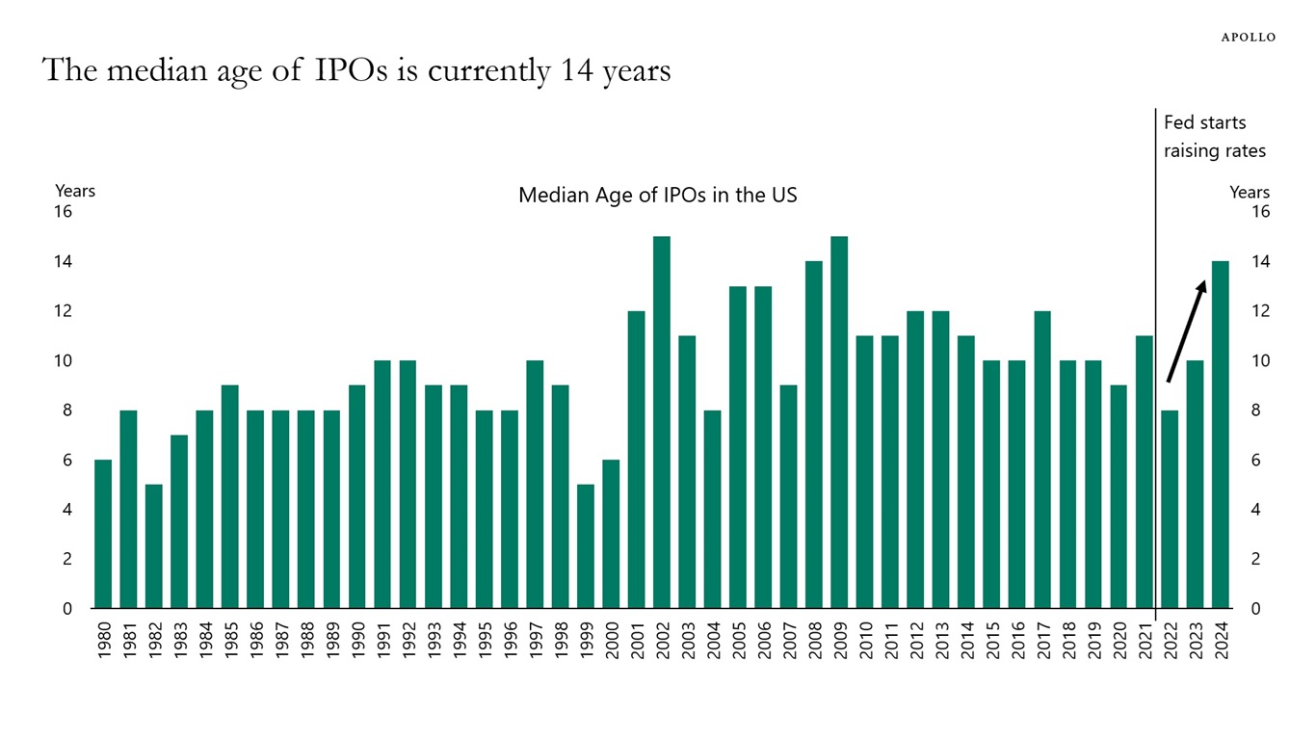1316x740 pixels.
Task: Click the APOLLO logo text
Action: coord(1248,38)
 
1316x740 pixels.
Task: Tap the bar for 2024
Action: coord(1221,435)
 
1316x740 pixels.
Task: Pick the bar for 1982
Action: coord(154,546)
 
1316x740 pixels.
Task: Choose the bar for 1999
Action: coord(586,546)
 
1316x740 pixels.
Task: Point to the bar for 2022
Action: coord(1170,509)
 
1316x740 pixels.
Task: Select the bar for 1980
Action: coord(103,534)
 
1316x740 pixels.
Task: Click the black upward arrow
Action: coord(1186,330)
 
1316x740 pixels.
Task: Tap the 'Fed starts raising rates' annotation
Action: coord(1214,137)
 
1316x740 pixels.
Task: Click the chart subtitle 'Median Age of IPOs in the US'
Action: coord(657,196)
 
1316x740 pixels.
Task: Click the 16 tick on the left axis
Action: coord(63,212)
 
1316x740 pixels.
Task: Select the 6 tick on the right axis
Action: coord(1260,461)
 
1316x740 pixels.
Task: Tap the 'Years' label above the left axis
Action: coord(75,191)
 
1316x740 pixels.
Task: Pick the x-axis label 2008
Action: coord(815,641)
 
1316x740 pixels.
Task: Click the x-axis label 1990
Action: coord(357,641)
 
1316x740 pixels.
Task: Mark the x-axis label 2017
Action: coord(1043,641)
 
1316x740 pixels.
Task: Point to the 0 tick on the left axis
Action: coord(67,609)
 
